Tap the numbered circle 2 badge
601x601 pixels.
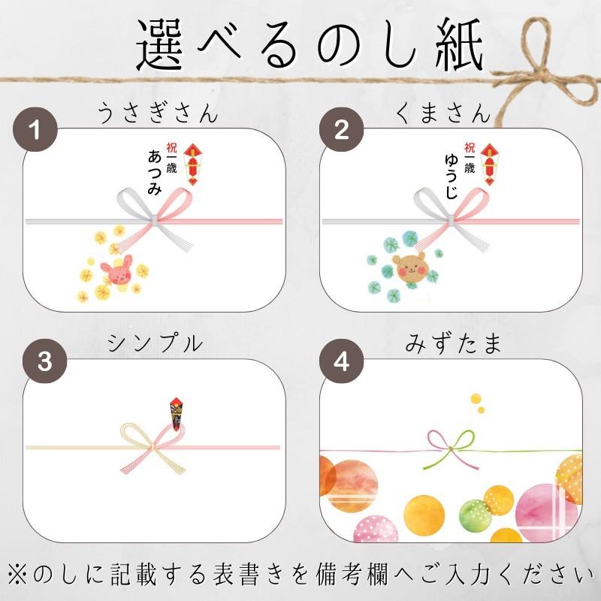(340, 128)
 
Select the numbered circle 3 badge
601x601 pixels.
(44, 361)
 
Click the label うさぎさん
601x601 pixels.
(158, 114)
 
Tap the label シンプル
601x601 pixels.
(156, 343)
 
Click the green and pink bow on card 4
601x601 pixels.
(448, 449)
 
